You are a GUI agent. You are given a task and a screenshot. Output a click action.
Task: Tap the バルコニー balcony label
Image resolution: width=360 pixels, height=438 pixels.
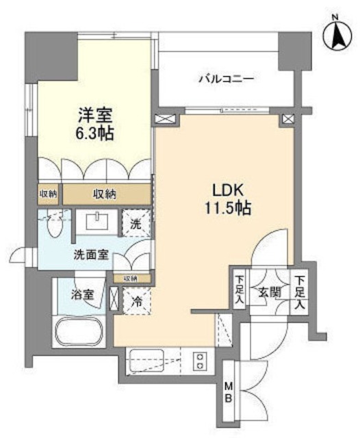(227, 79)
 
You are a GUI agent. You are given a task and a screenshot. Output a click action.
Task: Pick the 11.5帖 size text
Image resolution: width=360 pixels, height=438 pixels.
(225, 208)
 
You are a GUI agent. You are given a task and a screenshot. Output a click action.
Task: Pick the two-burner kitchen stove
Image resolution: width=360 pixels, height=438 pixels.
(201, 361)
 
